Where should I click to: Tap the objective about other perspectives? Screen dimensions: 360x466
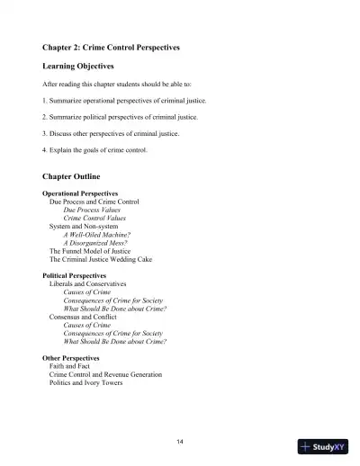point(111,133)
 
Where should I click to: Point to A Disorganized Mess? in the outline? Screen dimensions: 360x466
point(95,242)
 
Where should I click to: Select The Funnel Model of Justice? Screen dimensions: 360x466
point(93,250)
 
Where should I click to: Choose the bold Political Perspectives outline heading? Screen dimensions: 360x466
point(75,275)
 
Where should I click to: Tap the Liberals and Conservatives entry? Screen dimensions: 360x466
point(88,283)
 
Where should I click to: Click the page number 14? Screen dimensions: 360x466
point(180,440)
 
